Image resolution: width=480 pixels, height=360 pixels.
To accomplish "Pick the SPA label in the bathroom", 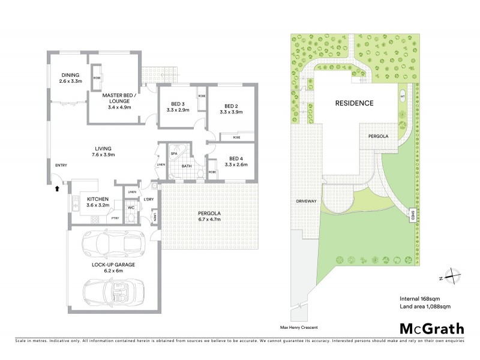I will pyautogui.click(x=175, y=154).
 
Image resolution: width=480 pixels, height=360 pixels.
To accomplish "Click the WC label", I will pyautogui.click(x=130, y=208).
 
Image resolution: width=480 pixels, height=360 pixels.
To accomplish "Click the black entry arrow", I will pyautogui.click(x=57, y=188).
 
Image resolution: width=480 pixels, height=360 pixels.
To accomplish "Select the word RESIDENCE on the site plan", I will pyautogui.click(x=354, y=103).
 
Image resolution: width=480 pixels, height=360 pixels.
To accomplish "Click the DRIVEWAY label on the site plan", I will pyautogui.click(x=305, y=201).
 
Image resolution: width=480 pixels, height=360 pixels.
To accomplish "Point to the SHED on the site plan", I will pyautogui.click(x=412, y=214).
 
